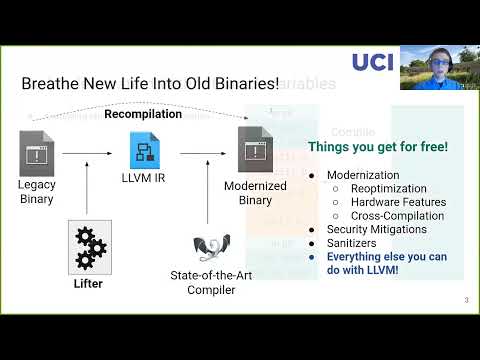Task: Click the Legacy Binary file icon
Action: click(37, 153)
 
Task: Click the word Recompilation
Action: click(143, 114)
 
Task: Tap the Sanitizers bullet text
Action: click(353, 242)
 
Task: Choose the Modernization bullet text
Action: click(364, 174)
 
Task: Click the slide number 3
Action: click(466, 300)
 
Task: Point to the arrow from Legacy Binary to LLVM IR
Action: click(92, 154)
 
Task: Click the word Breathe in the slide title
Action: click(49, 84)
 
